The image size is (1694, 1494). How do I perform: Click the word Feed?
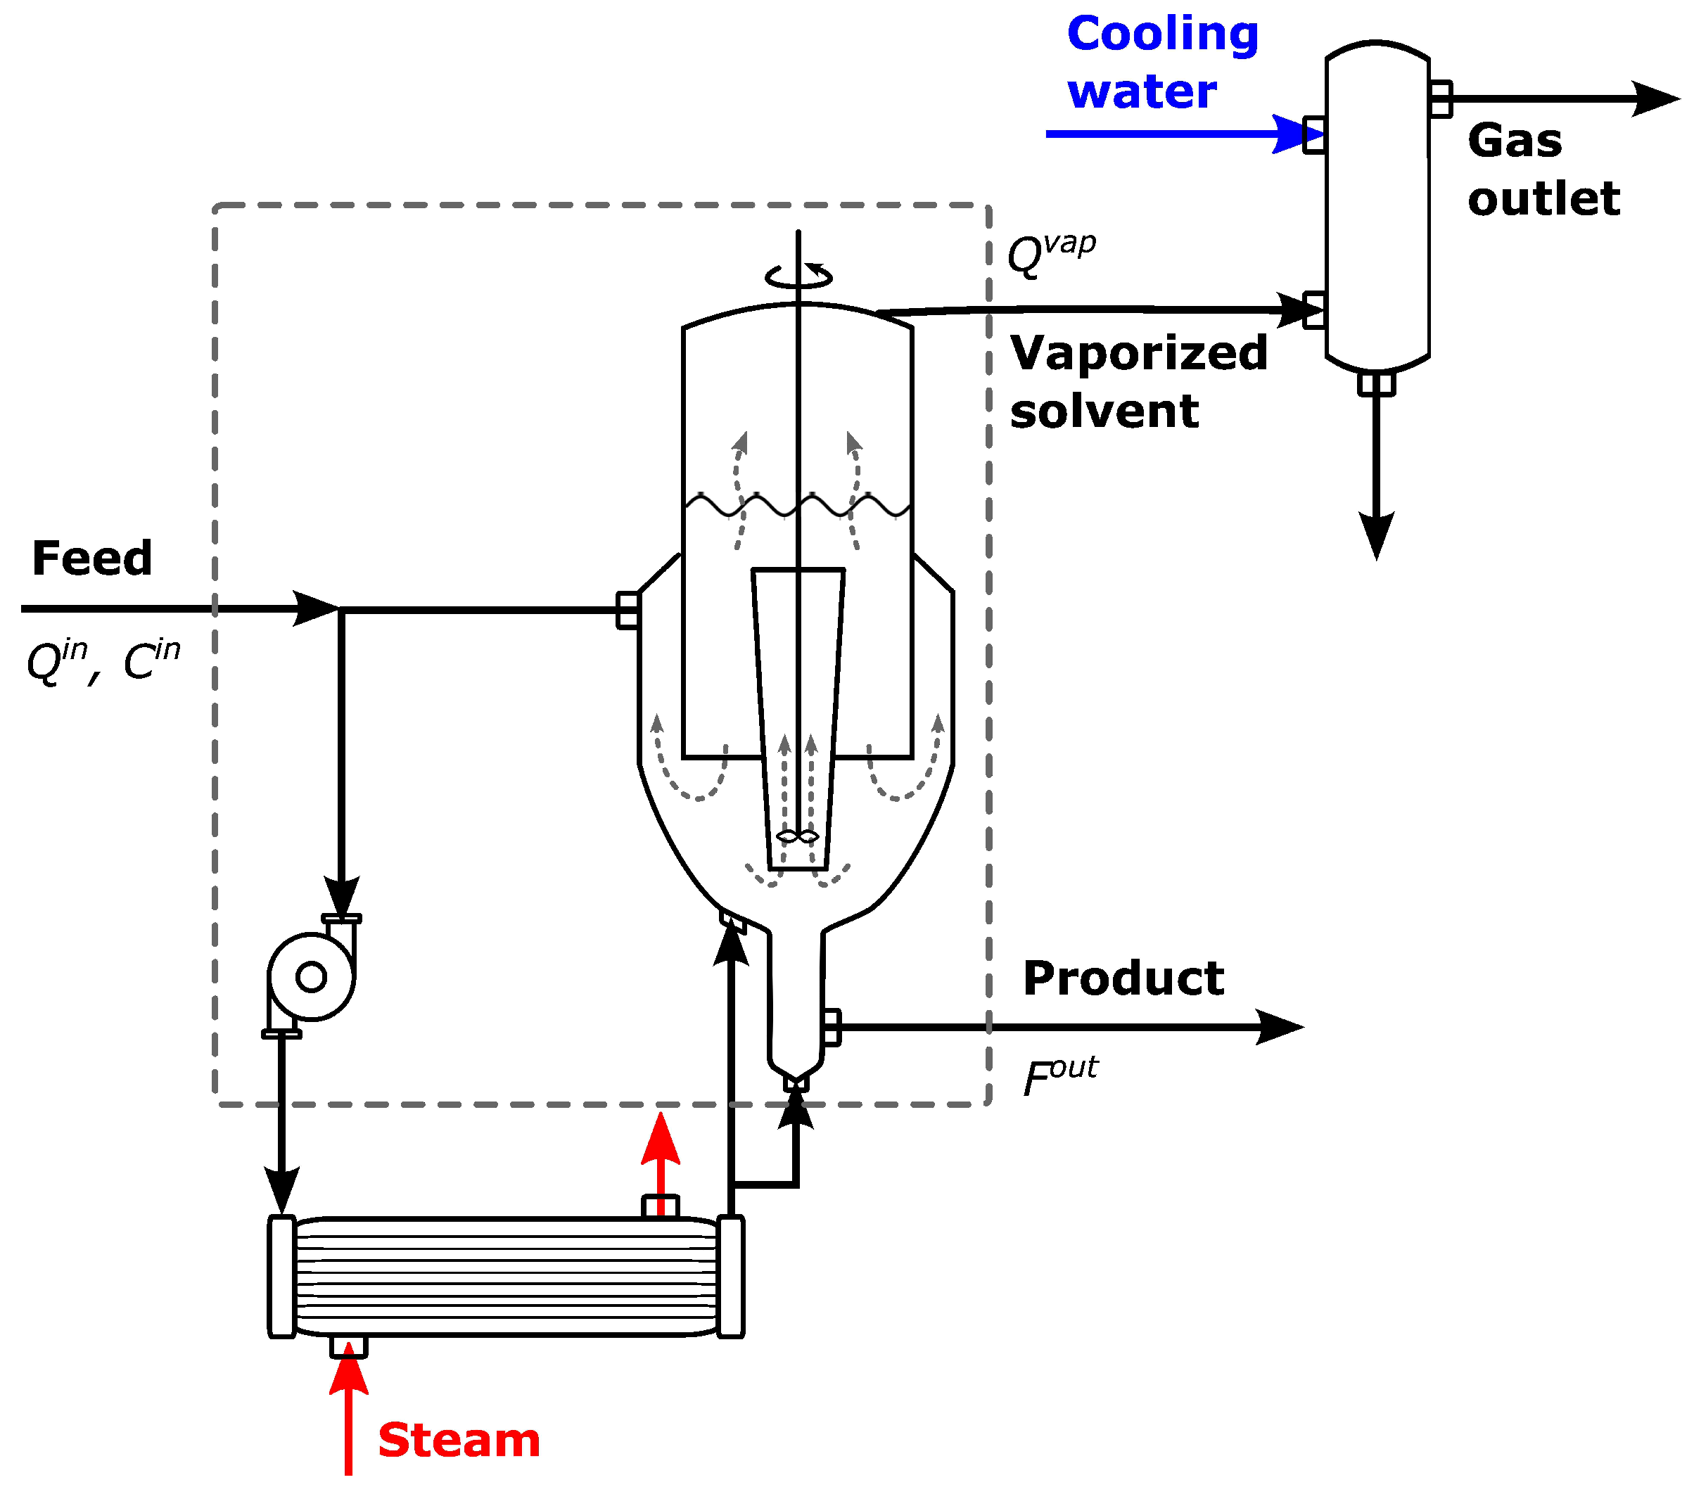92,558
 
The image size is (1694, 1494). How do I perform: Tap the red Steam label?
458,1441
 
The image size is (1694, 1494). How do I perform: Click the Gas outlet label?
1542,170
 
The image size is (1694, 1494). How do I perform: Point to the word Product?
1123,978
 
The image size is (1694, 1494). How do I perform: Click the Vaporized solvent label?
1138,382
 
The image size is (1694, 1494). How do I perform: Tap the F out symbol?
1059,1076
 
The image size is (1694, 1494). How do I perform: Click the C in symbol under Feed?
151,660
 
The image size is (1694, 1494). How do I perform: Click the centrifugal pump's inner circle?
312,977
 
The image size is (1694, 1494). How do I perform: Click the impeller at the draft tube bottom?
797,837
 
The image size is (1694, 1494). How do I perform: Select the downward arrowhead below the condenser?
1377,535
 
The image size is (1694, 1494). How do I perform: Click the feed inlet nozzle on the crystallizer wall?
628,611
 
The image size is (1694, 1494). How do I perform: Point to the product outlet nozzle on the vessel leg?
832,1028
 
